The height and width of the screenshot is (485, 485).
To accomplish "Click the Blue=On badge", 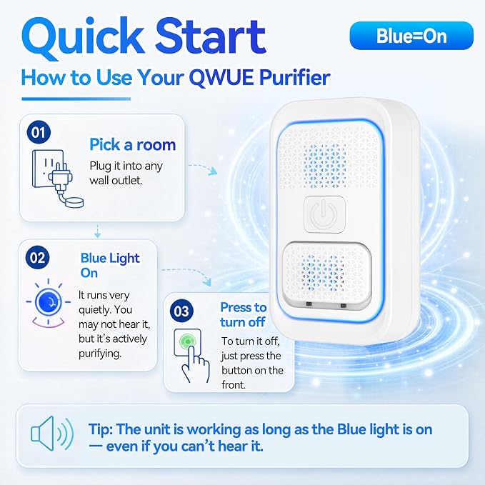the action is (411, 36).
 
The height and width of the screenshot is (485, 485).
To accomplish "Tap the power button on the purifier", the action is (324, 214).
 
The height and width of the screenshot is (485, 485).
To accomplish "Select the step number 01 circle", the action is (39, 132).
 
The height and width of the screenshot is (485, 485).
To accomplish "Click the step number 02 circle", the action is (37, 258).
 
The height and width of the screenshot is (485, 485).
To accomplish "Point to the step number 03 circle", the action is (181, 311).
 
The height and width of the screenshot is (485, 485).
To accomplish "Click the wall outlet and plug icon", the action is (58, 179).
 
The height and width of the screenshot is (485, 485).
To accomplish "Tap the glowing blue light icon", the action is (49, 302).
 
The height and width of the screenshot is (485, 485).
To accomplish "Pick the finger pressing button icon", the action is (191, 356).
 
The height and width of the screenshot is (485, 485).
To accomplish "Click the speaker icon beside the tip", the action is (52, 433).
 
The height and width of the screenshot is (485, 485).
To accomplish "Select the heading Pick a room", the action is (133, 144).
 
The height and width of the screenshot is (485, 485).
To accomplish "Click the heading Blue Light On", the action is (110, 266).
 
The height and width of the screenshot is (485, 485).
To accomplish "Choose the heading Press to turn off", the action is (243, 314).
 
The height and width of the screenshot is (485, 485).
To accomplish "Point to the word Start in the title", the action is (211, 36).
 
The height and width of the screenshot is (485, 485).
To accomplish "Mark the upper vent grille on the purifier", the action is (329, 158).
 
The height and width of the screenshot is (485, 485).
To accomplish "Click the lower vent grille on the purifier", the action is (326, 274).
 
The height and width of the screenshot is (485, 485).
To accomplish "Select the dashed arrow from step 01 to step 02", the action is (97, 231).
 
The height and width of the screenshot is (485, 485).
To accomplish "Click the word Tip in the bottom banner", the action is (101, 429).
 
